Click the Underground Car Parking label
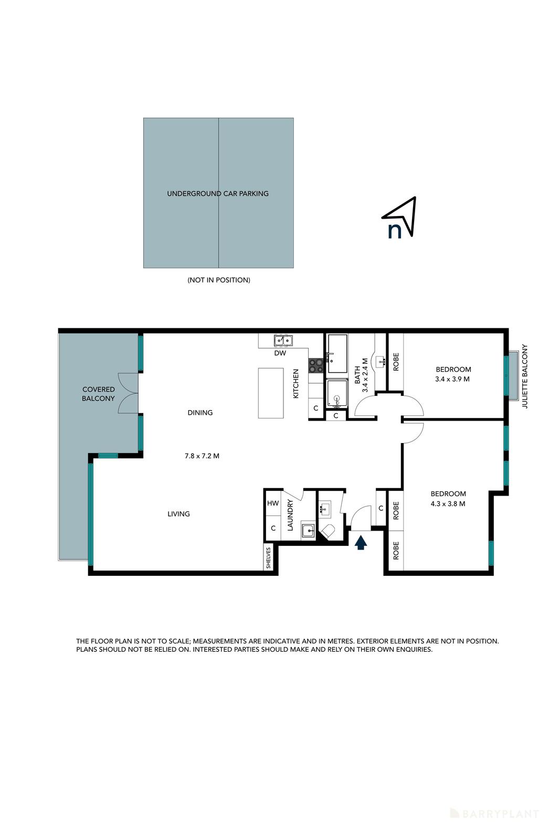(218, 193)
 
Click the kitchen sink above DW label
(282, 341)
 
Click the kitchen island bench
(271, 393)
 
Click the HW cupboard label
(273, 503)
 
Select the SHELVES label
(269, 558)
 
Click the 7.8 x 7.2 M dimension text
(202, 456)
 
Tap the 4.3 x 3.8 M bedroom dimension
(448, 504)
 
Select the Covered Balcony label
(98, 394)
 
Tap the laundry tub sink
(308, 531)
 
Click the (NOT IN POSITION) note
(219, 280)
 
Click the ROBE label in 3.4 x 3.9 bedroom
(396, 362)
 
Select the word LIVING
(178, 514)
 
